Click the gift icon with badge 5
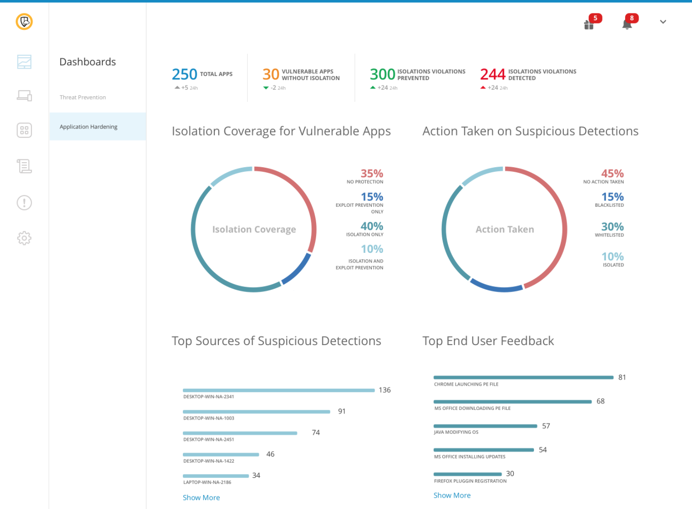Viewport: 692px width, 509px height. point(589,24)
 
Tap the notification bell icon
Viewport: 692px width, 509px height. point(627,24)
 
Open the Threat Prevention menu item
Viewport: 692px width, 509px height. point(83,97)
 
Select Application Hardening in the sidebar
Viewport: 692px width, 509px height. point(88,127)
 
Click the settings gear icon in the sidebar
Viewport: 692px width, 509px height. point(24,238)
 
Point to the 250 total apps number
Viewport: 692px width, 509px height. point(184,74)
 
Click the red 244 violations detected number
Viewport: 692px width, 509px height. point(493,74)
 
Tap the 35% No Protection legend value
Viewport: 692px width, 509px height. point(372,174)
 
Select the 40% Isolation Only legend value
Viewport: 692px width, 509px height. point(372,226)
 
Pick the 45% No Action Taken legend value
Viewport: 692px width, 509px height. point(612,174)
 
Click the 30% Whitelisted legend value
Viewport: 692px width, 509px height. point(612,227)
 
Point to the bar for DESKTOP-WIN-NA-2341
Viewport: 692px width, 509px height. point(279,390)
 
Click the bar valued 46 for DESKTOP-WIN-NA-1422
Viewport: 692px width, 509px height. point(221,455)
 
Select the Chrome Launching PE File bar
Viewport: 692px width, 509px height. point(523,378)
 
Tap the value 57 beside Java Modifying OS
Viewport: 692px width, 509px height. point(546,426)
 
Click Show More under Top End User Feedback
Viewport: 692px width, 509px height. point(452,496)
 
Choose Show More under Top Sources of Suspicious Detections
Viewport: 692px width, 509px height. point(201,498)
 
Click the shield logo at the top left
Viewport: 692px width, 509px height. point(24,22)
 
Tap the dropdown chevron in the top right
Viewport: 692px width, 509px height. point(663,22)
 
